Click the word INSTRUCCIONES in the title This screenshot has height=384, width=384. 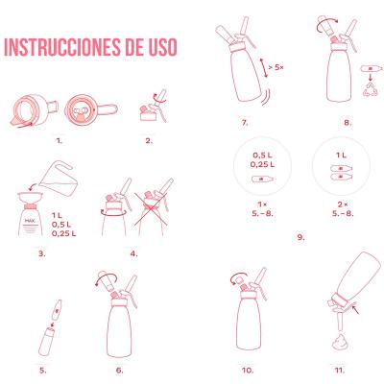click(60, 47)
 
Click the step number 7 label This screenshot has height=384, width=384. click(245, 123)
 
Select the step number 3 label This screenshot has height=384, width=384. click(42, 253)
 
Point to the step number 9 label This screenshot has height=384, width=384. click(300, 237)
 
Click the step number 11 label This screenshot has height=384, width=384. click(340, 371)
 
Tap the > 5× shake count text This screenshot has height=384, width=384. click(276, 67)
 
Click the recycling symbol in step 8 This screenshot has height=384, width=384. click(371, 89)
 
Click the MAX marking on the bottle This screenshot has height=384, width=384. click(31, 221)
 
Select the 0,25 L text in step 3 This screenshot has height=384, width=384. click(64, 233)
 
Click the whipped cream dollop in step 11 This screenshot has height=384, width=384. click(340, 342)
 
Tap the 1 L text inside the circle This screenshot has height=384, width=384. click(341, 156)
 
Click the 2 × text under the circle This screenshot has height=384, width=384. click(343, 204)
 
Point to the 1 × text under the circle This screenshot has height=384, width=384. click(262, 204)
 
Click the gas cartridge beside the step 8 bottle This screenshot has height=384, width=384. click(372, 68)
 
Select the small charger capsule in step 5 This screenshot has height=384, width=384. click(58, 309)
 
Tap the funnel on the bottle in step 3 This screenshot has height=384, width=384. click(31, 198)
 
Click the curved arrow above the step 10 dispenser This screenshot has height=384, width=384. click(238, 278)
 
